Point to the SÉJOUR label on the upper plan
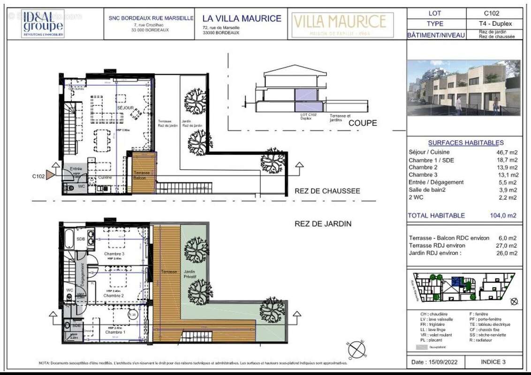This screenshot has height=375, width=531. coord(126,108)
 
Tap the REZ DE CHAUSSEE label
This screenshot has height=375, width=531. coord(327,191)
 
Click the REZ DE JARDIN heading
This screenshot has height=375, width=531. coord(323,224)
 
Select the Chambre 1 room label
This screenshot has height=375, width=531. coord(115,332)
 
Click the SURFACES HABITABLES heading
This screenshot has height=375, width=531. coord(466,142)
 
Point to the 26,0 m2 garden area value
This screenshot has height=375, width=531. coord(508,253)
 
